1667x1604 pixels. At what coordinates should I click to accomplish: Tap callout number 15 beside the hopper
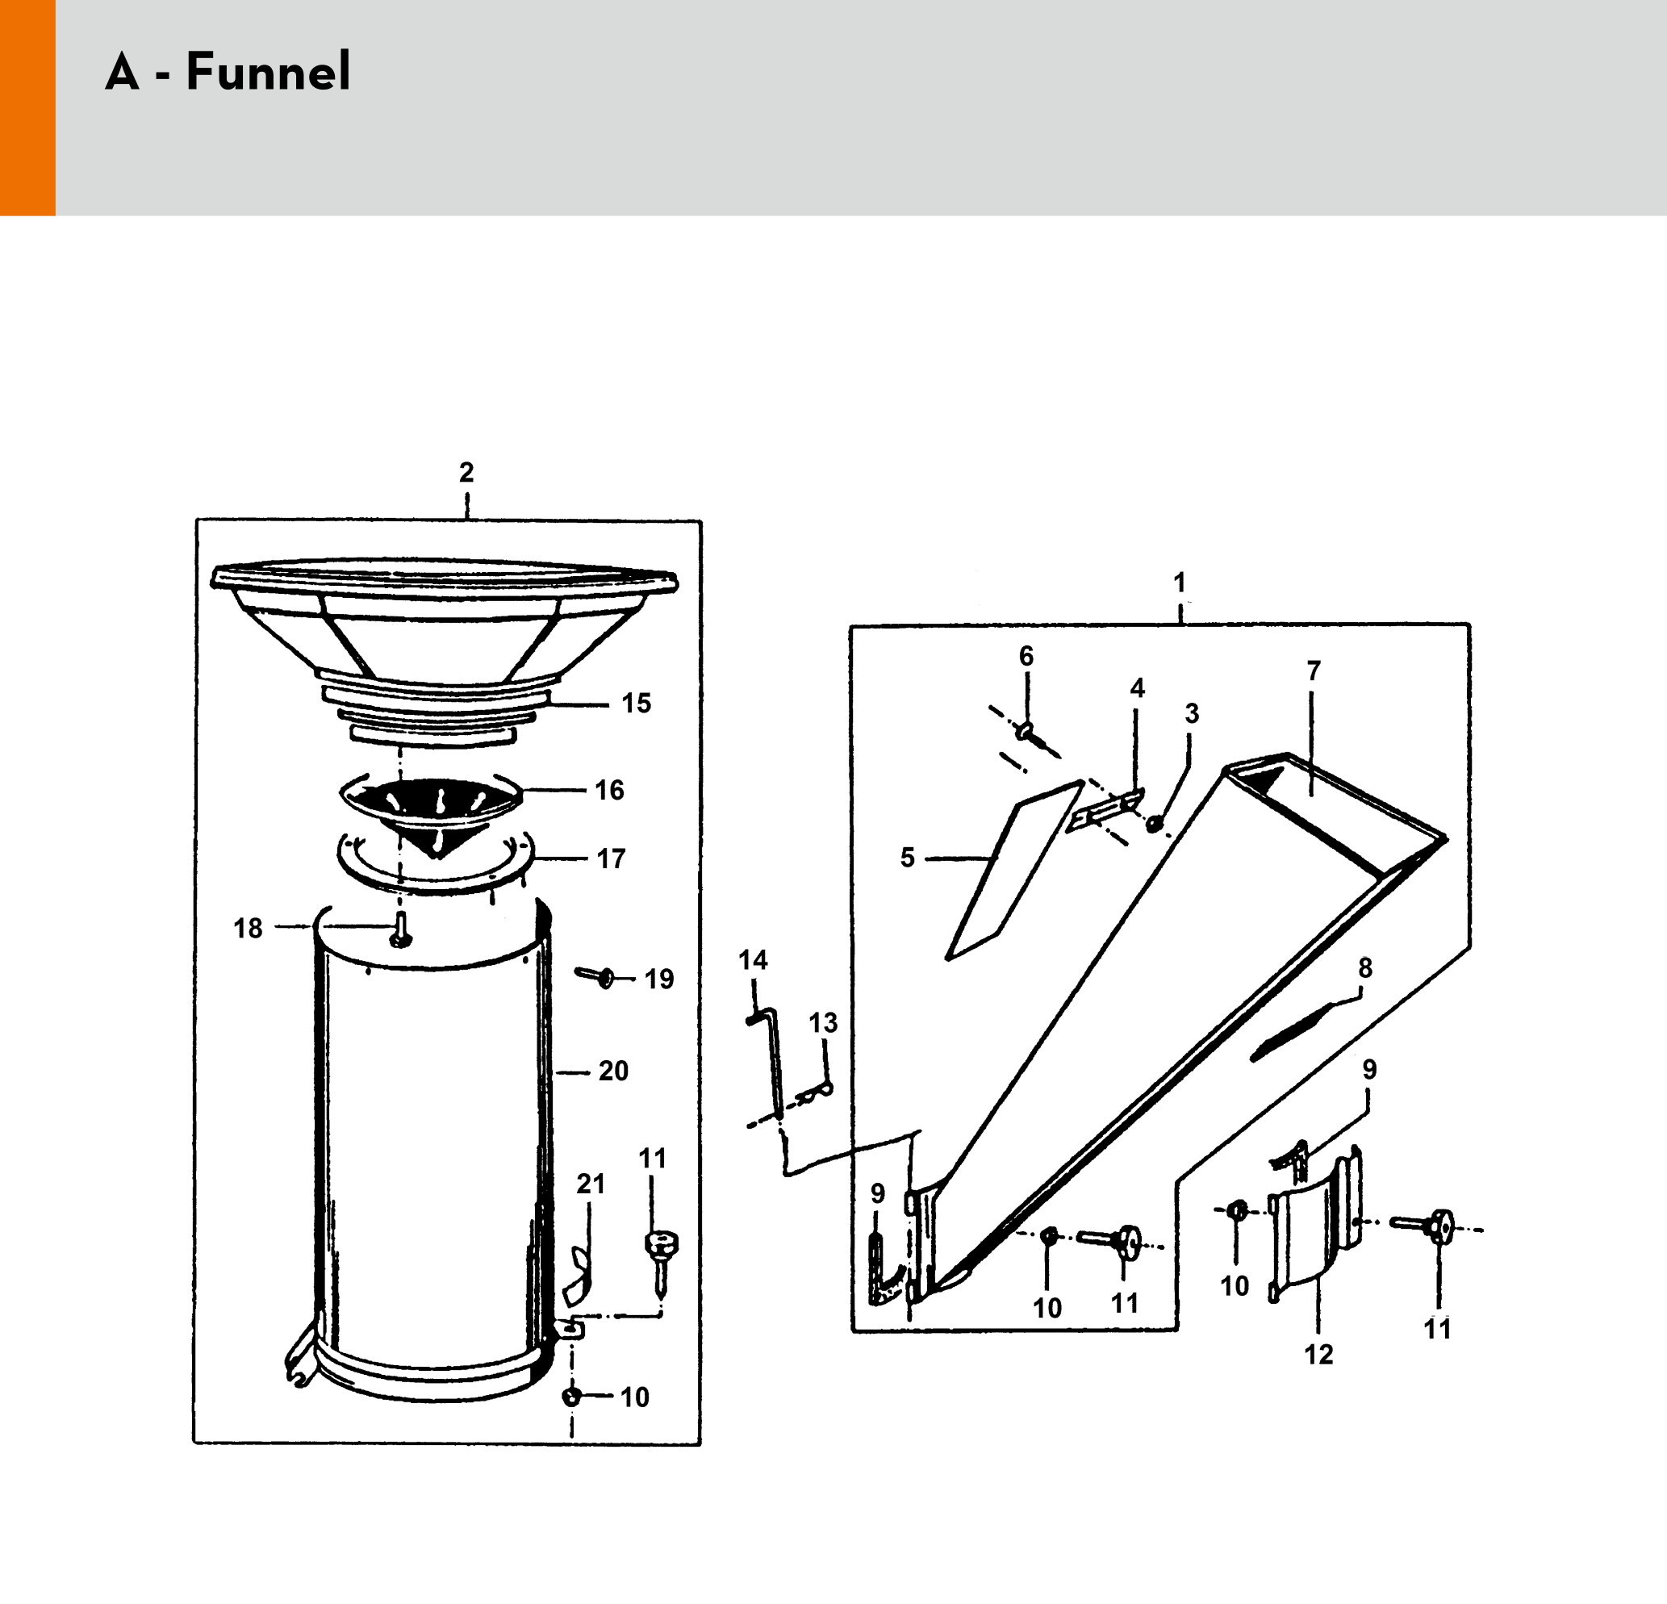tap(636, 704)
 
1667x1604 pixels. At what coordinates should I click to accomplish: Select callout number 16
tap(609, 790)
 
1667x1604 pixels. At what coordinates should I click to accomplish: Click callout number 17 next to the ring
tap(611, 859)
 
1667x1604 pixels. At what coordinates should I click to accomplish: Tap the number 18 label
tap(249, 928)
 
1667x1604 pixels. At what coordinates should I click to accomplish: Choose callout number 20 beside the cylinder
tap(613, 1071)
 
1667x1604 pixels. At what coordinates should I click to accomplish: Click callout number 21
tap(591, 1184)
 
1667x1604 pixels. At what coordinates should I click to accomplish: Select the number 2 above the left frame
tap(466, 472)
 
